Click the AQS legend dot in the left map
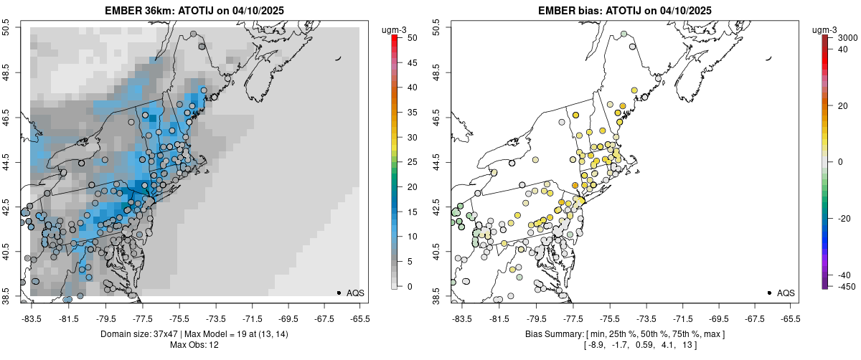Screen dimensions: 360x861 pos(339,293)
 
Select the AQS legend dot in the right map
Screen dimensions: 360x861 pos(769,293)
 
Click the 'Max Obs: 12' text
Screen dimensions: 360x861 pos(194,346)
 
